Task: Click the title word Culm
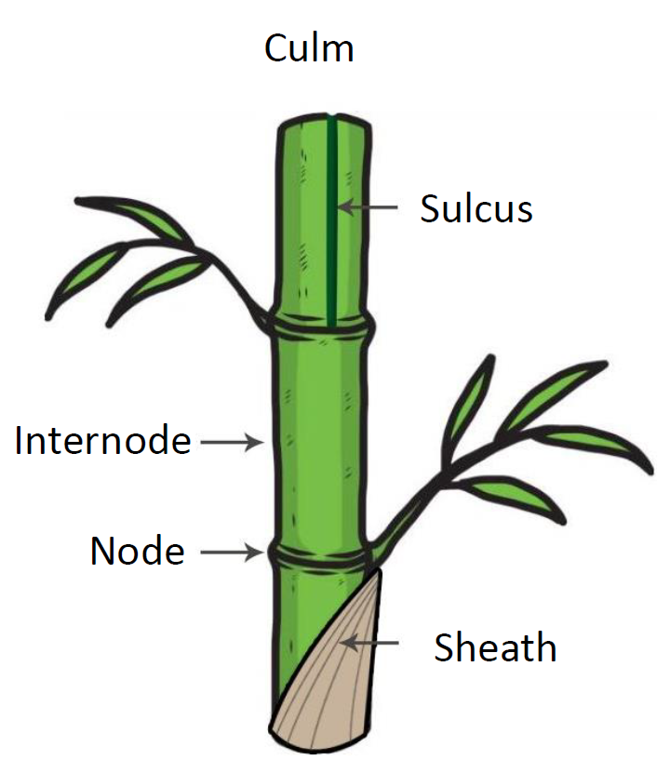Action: point(309,47)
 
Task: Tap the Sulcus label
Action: point(476,209)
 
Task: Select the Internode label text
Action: point(102,441)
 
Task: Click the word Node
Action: point(137,552)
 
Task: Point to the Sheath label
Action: point(495,646)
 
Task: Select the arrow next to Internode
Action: point(230,443)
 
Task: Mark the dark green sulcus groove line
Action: point(331,260)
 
